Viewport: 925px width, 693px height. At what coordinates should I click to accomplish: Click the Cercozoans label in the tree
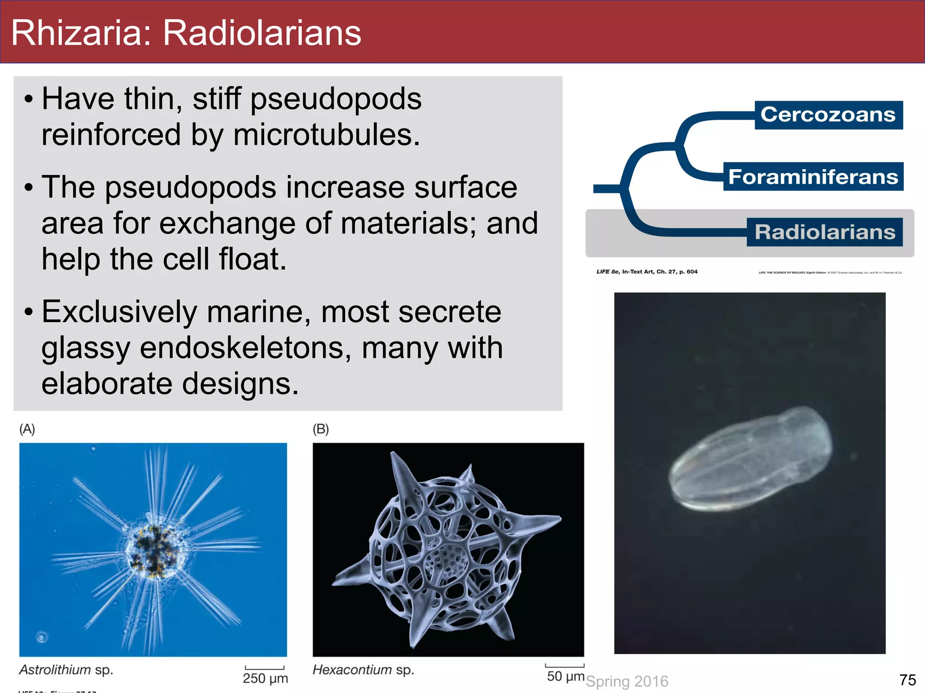828,115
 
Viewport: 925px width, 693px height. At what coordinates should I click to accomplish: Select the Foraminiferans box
813,176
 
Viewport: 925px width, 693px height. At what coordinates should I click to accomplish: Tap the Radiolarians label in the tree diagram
825,232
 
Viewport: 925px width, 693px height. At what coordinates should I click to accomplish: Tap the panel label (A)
27,429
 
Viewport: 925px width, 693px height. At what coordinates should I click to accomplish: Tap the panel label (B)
321,429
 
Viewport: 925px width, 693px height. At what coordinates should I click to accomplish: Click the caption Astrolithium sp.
66,670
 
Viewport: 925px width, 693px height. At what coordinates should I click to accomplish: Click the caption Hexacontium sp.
363,670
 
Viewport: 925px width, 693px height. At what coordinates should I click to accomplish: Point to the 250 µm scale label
265,678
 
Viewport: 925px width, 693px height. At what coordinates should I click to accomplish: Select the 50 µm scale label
565,676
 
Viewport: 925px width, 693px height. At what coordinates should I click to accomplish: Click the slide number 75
907,680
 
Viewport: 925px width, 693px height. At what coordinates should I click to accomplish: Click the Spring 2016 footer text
627,681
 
